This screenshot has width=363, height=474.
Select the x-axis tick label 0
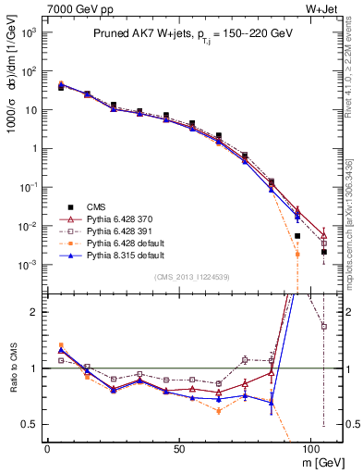[x=47, y=448]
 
